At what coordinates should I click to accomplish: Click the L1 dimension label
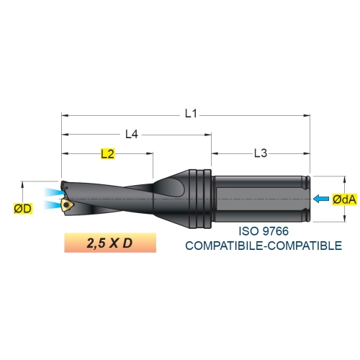click(x=191, y=113)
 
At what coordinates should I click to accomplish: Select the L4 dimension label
click(x=132, y=134)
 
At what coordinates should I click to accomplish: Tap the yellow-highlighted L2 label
click(x=107, y=154)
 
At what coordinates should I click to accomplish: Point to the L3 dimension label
click(x=261, y=153)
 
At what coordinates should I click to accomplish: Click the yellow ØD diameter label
click(x=22, y=209)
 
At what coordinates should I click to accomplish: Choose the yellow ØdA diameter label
click(x=344, y=199)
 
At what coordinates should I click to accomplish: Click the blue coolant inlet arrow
click(x=321, y=199)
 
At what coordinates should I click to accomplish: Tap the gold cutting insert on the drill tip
click(x=67, y=205)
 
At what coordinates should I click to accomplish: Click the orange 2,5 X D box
click(x=110, y=243)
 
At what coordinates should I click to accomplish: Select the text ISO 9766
click(x=264, y=231)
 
